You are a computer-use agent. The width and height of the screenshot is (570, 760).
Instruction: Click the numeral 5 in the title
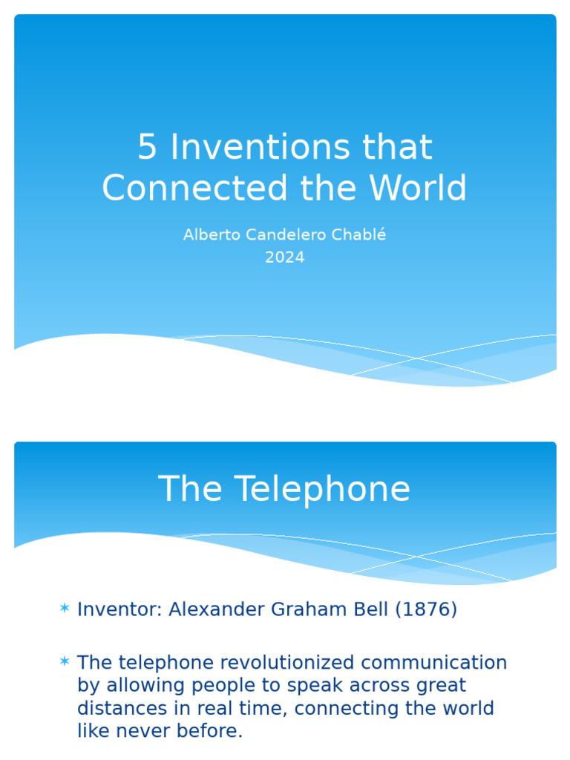147,148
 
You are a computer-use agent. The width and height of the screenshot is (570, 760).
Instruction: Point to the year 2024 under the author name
285,258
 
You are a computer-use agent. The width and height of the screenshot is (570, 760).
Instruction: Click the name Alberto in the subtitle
209,235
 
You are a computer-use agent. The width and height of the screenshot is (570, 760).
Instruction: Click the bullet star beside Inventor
65,609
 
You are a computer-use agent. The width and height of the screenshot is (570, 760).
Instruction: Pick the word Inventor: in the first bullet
119,609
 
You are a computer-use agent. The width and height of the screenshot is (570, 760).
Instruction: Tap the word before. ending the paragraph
212,731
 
